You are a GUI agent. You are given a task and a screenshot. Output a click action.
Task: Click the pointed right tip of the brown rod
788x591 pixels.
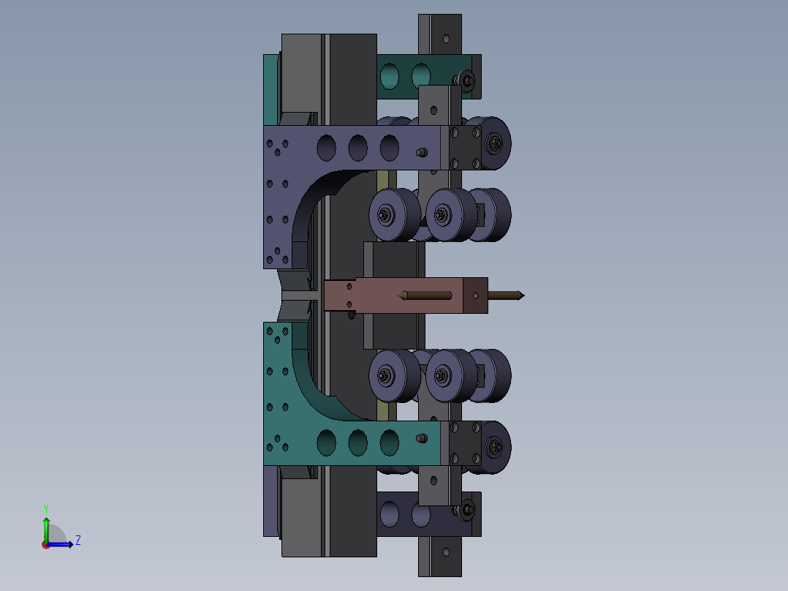point(522,295)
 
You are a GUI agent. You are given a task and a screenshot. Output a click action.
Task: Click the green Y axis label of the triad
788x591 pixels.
point(46,508)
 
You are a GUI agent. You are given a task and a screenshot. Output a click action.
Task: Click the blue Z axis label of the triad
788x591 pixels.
point(77,541)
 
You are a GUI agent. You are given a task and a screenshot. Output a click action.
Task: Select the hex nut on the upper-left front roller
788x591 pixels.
point(384,215)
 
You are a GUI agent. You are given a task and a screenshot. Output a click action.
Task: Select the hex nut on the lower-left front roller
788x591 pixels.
point(384,376)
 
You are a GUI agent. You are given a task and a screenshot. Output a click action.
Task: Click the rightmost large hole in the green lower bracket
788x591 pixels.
point(389,441)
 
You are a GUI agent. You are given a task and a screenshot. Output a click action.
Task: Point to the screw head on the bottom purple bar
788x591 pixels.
point(465,510)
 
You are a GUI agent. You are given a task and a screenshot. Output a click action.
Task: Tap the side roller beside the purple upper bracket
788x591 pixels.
point(496,143)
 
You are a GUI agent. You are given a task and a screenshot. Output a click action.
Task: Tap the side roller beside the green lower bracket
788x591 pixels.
point(496,446)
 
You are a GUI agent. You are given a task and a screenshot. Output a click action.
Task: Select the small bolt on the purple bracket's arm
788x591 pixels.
point(421,153)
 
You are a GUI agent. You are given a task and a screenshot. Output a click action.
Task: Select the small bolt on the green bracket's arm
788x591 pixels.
point(421,438)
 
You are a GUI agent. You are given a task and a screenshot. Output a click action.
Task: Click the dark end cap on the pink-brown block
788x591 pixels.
point(475,295)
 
